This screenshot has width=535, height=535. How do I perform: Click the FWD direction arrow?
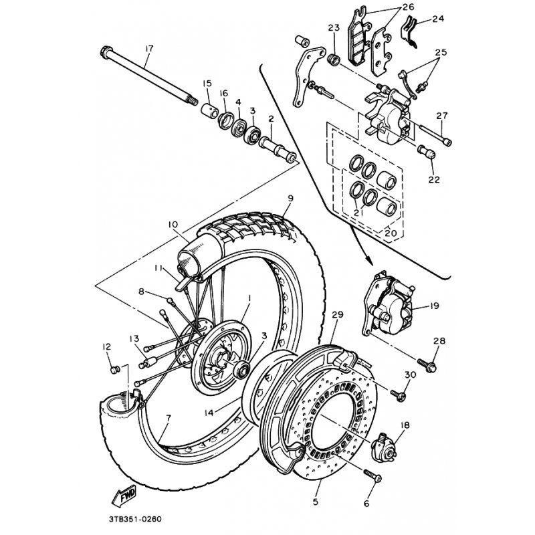(x=124, y=496)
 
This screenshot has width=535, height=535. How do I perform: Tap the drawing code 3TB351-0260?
(x=135, y=520)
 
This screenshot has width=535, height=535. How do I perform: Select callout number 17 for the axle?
(x=149, y=48)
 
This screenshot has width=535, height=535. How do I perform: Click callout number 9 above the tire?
(x=290, y=198)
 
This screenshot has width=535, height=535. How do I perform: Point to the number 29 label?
(x=338, y=314)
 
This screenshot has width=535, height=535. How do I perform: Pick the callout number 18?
(x=405, y=425)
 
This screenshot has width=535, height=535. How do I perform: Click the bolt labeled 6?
(x=372, y=476)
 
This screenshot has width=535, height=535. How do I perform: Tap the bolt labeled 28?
(x=427, y=364)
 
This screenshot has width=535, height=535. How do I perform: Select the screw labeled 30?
(x=398, y=395)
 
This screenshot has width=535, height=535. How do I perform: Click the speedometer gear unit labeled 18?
(x=384, y=447)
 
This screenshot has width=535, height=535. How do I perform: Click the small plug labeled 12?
(x=115, y=370)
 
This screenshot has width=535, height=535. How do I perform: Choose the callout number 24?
(x=438, y=19)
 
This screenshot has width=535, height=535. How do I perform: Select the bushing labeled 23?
(x=334, y=60)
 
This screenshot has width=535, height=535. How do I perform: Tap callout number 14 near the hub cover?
(x=209, y=413)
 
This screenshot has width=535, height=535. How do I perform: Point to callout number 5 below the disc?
(x=315, y=502)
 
